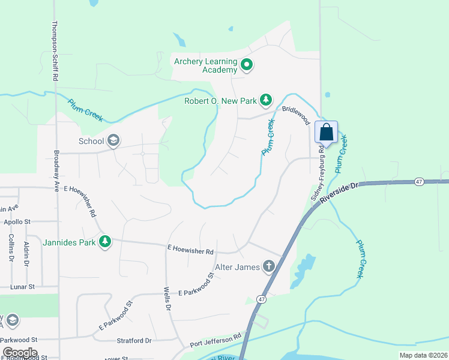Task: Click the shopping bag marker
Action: (326, 132)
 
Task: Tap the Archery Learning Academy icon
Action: (246, 65)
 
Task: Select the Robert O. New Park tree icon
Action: (265, 101)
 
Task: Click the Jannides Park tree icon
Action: (106, 242)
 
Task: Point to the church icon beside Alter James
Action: (269, 266)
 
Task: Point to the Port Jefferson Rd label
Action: (215, 340)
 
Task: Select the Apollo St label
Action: (17, 221)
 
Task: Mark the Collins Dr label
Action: (11, 248)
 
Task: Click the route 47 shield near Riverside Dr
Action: (418, 181)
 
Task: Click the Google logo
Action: (20, 352)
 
